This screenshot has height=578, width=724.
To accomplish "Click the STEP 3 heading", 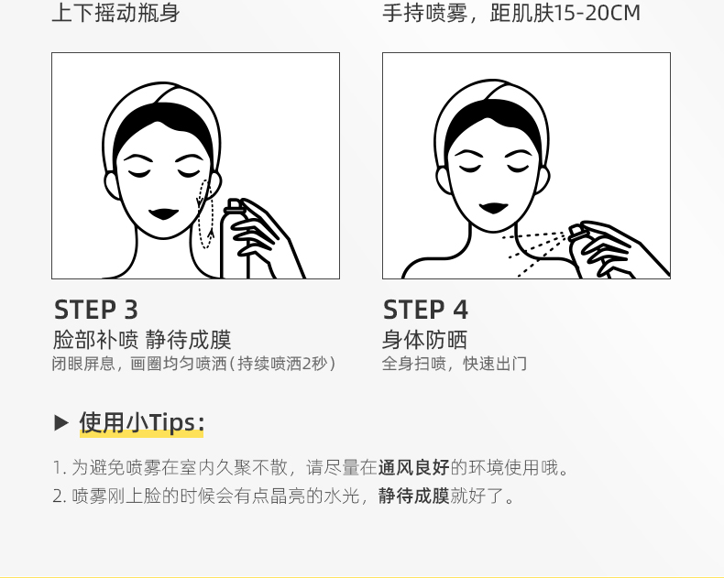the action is (96, 310).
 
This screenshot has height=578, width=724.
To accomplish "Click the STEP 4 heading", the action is (425, 310).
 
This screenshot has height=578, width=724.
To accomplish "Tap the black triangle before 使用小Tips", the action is (61, 422).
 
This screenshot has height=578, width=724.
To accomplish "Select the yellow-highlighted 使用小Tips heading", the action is (142, 422).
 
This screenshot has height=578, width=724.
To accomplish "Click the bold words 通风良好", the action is (413, 468).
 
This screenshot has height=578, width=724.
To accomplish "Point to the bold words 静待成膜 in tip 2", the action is (413, 496).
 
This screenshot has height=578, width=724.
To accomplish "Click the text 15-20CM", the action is (597, 13).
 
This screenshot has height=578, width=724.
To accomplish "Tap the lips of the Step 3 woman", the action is (163, 214).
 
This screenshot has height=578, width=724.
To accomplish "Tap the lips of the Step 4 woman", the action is (494, 208).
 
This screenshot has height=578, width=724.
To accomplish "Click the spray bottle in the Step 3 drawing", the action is (235, 239).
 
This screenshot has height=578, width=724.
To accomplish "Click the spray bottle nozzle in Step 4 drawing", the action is (576, 232).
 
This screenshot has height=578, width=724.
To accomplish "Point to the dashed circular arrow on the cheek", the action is (205, 214).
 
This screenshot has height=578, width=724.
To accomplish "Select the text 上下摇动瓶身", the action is (115, 13).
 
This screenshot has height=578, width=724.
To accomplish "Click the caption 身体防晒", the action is (425, 340).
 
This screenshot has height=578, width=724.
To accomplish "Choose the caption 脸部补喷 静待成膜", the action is (142, 340).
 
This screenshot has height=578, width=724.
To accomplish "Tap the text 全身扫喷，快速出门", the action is (455, 364).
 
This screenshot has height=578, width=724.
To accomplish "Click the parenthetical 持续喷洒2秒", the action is (282, 364).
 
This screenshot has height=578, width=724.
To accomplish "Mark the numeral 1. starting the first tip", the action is (60, 468).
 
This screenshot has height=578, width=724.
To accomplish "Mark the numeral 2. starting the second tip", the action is (60, 496).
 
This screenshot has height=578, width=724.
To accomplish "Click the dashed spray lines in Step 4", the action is (535, 253).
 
